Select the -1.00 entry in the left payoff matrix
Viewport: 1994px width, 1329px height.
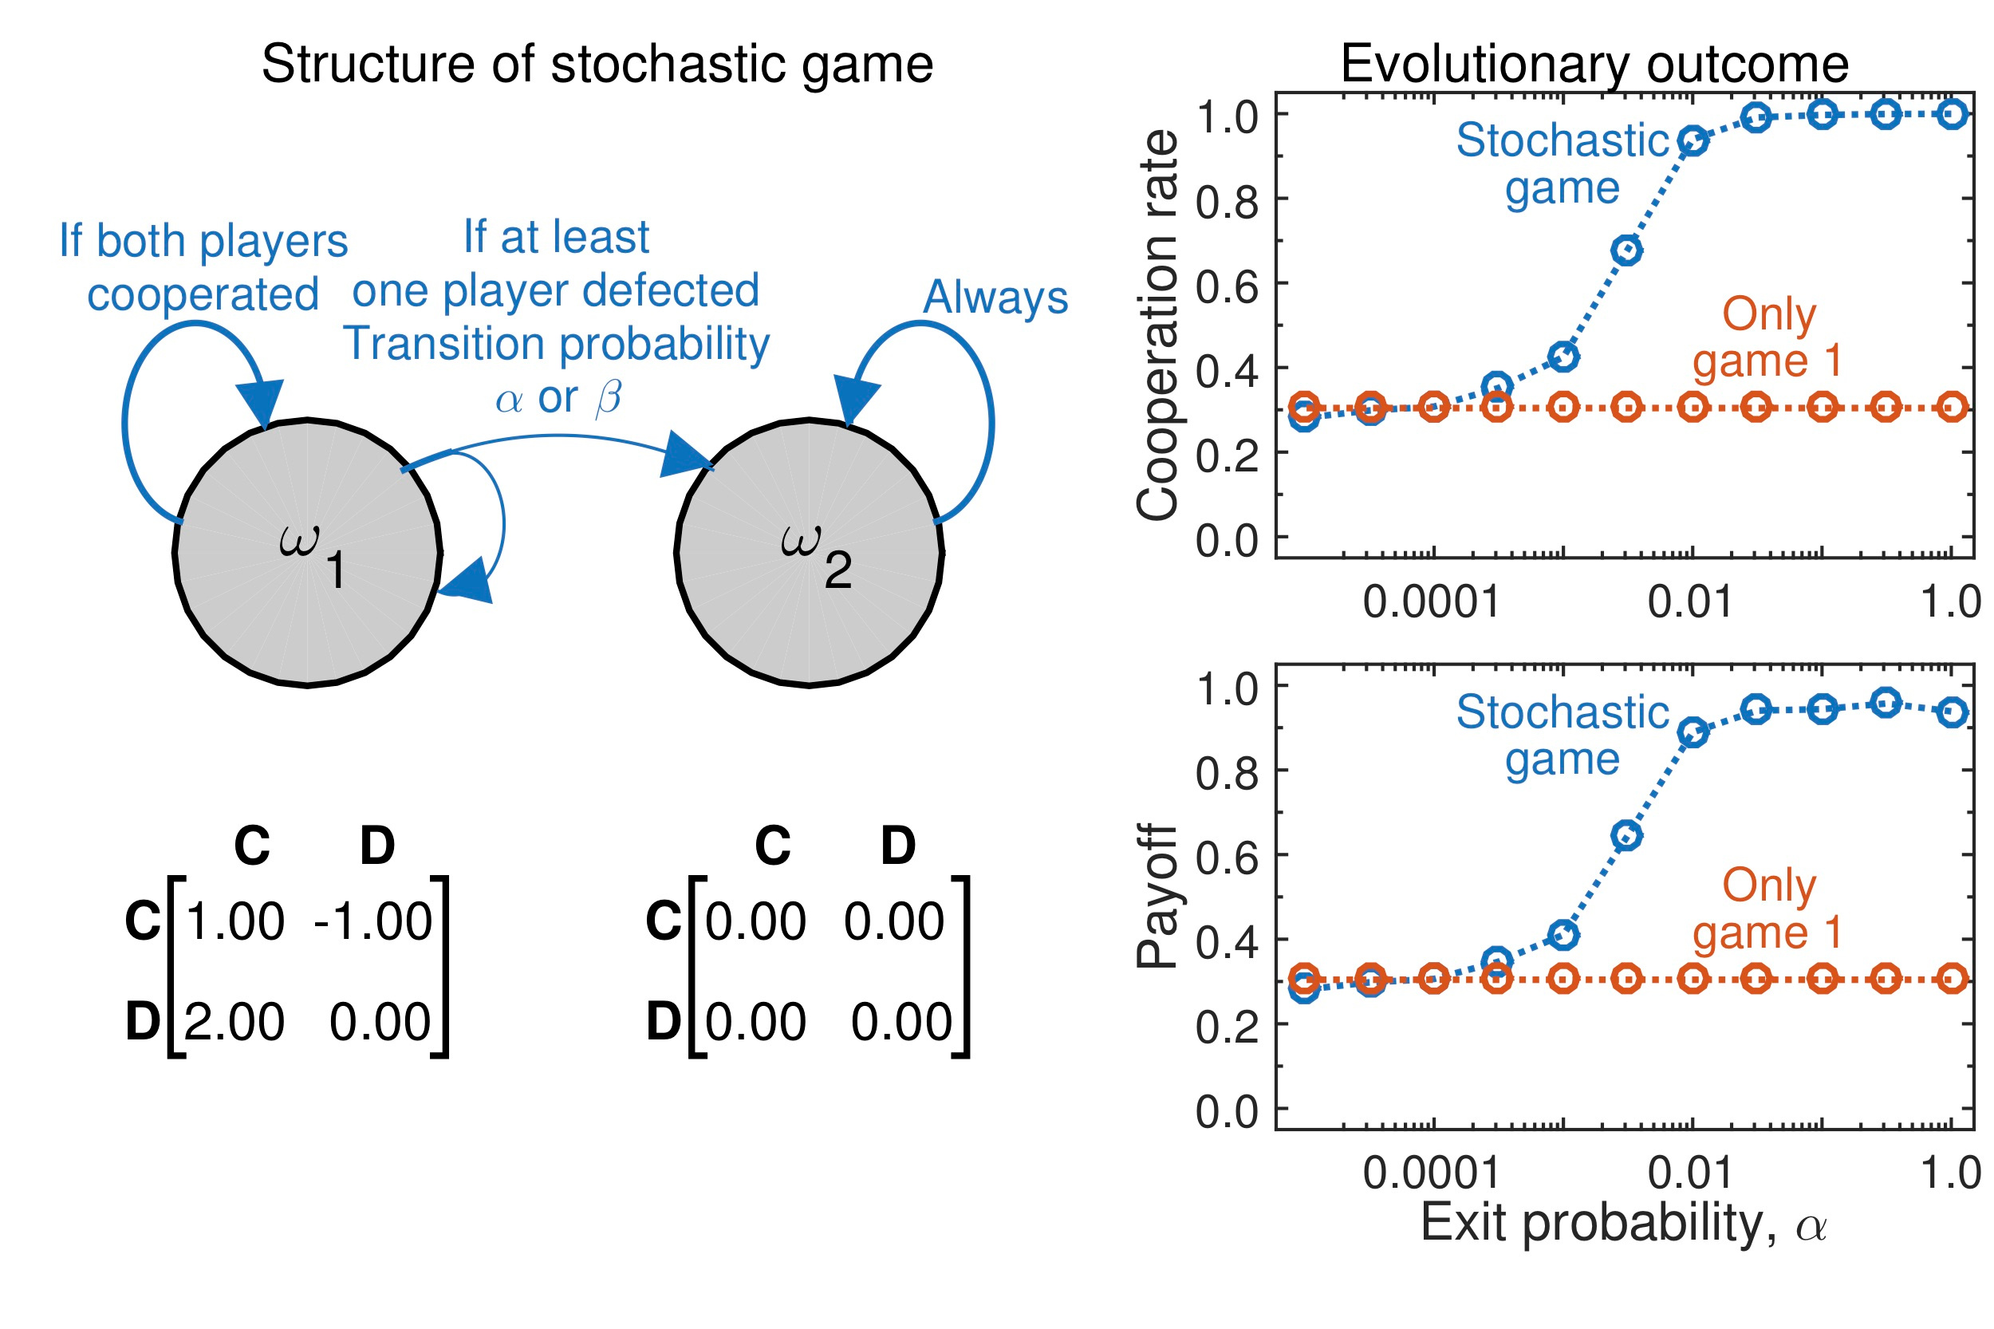[372, 921]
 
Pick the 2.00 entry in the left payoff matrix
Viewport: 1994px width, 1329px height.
[234, 1021]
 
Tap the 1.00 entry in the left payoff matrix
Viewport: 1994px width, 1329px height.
[234, 921]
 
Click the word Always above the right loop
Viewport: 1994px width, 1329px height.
[995, 298]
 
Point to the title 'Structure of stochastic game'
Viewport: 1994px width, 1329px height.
[597, 65]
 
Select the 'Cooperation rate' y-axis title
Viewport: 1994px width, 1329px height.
[1157, 325]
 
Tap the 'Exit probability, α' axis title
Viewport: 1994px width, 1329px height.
[1623, 1224]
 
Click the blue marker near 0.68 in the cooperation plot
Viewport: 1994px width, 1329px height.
[1626, 250]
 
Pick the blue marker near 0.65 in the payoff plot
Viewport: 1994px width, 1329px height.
[1626, 835]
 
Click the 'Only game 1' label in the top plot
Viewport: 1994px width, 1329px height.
[1767, 337]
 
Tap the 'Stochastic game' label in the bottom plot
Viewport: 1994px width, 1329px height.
[1562, 735]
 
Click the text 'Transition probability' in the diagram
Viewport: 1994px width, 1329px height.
[556, 344]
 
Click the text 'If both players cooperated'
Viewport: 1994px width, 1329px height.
[203, 267]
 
